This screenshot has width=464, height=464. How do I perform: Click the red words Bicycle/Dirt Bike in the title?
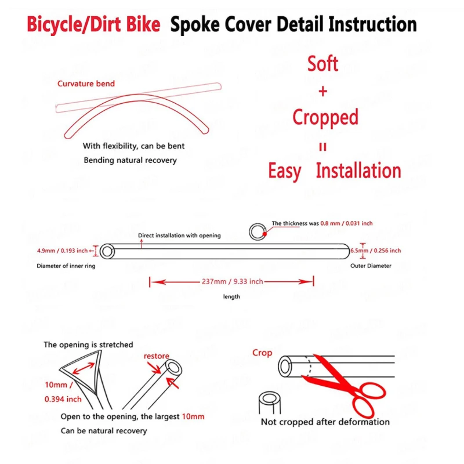(x=93, y=25)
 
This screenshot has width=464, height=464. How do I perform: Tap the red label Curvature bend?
(x=86, y=84)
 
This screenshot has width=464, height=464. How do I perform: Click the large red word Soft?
(x=322, y=64)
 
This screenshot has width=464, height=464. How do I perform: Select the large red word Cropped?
(x=325, y=117)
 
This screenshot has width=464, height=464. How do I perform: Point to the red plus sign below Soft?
(x=323, y=91)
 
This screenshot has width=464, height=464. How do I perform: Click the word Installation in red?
(x=358, y=171)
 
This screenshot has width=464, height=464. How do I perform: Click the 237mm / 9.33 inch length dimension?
(x=232, y=281)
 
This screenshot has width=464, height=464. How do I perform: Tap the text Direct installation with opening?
(x=179, y=235)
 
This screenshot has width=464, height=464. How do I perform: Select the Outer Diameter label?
(x=371, y=266)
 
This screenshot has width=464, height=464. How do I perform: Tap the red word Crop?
(x=262, y=353)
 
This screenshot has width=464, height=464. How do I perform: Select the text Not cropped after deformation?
(x=325, y=422)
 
